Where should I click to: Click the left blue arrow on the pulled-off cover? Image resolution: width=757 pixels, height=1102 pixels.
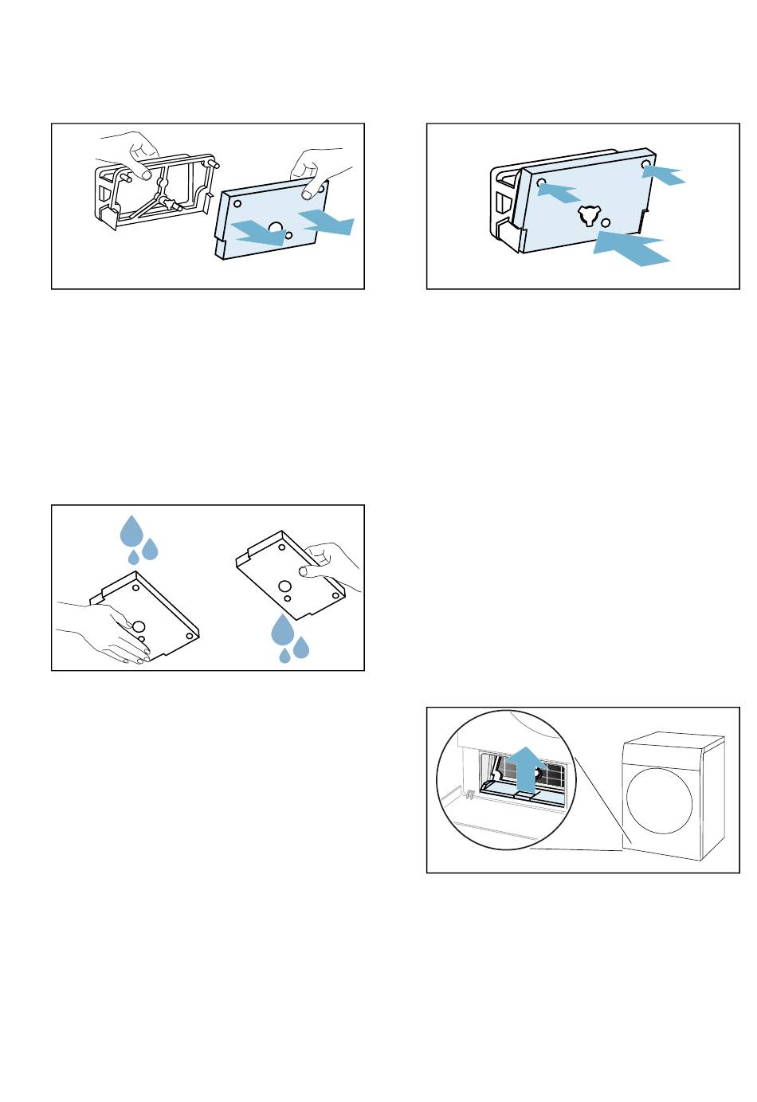coord(256,230)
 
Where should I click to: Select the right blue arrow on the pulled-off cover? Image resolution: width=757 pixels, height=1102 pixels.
coord(328,222)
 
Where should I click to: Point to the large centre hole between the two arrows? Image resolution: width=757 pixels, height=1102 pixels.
coord(276,229)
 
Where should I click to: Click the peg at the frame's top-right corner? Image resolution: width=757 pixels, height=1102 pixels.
coord(214,163)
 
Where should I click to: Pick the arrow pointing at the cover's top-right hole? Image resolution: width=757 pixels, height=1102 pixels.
coord(663,174)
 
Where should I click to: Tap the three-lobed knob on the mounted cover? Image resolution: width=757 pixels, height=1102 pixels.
coord(588,214)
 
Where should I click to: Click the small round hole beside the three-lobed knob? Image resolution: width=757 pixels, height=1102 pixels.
coord(606,222)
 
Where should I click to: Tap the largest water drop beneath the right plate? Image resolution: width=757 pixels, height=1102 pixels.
coord(283,629)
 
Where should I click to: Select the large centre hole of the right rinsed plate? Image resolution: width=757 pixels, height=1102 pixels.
coord(284,586)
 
